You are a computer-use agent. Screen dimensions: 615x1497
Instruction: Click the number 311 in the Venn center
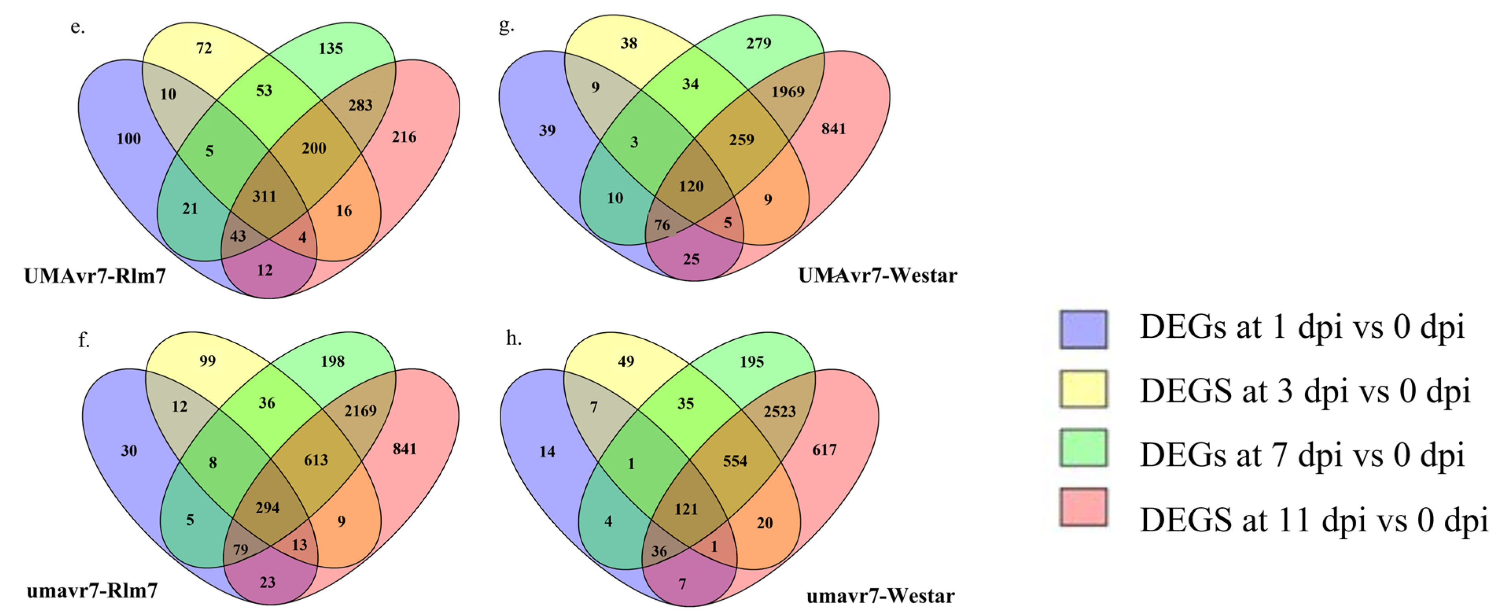click(265, 196)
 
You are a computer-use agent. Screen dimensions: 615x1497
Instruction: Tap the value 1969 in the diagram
click(788, 92)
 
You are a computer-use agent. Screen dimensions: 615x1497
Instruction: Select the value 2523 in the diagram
click(779, 412)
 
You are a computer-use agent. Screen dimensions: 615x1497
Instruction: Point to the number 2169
click(360, 411)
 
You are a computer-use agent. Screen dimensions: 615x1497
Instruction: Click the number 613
click(316, 460)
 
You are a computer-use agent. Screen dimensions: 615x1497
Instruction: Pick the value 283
click(360, 105)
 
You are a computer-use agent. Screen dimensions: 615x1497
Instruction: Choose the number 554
click(735, 461)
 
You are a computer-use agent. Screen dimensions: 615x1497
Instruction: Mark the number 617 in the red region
click(825, 450)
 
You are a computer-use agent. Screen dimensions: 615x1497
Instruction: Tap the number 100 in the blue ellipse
click(129, 139)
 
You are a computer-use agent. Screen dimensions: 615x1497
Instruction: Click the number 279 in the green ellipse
click(758, 43)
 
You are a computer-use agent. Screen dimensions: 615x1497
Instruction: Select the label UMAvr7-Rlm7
click(95, 276)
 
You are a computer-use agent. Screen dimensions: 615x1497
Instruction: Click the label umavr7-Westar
click(881, 596)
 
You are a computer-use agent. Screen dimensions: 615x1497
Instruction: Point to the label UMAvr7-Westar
click(877, 275)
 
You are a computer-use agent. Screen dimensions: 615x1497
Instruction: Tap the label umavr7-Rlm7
click(92, 591)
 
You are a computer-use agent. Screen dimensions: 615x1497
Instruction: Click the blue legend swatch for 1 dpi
click(1083, 329)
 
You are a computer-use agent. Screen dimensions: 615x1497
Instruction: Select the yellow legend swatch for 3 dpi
click(1083, 389)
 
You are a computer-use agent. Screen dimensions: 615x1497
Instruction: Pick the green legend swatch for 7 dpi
click(1083, 448)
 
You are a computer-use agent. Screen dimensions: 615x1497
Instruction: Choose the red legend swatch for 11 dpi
click(1083, 507)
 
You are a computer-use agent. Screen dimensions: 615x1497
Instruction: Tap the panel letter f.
click(84, 340)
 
